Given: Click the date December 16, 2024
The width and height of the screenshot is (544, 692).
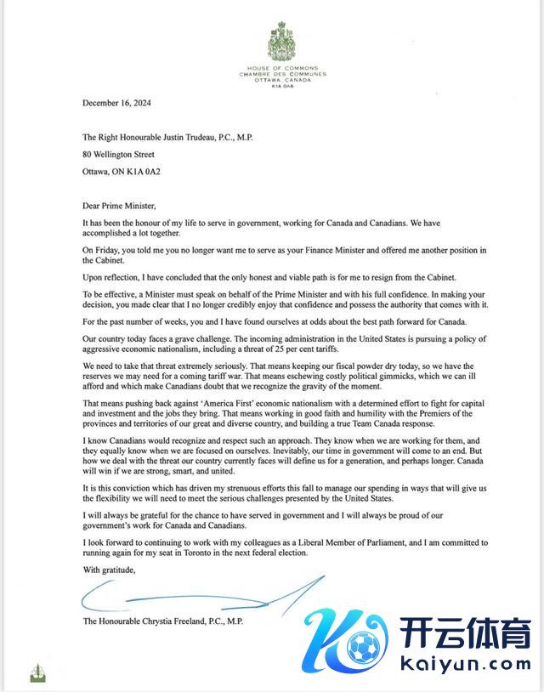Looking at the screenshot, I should pos(116,102).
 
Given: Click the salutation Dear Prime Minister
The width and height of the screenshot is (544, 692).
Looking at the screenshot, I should pos(120,205).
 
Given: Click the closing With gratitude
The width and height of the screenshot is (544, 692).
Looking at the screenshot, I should pos(109,569).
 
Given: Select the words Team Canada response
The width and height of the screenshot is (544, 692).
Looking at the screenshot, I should pos(384,423).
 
